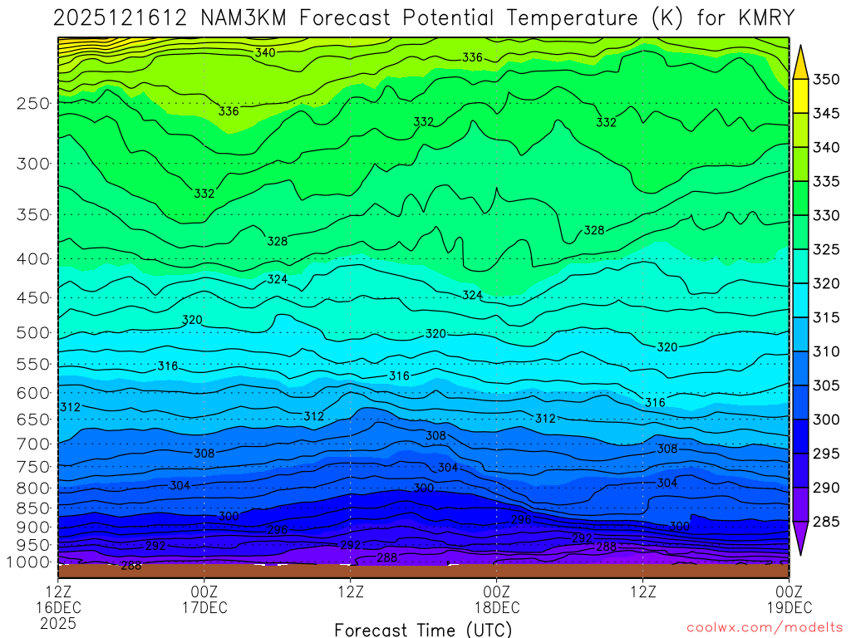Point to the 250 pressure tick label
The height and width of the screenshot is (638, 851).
(x=32, y=104)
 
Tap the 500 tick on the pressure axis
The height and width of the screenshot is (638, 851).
(x=32, y=333)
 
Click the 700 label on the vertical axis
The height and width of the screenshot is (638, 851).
(x=32, y=443)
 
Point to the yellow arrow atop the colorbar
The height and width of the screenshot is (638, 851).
(x=801, y=61)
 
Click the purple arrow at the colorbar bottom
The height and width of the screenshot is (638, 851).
(x=801, y=539)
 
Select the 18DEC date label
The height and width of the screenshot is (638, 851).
(x=496, y=607)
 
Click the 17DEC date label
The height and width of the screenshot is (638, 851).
(x=204, y=607)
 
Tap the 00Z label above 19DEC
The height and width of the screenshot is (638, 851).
(x=788, y=591)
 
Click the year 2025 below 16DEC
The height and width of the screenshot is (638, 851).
(x=58, y=623)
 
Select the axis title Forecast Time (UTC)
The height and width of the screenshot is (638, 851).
(x=423, y=629)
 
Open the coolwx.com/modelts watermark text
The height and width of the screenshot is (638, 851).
(x=764, y=629)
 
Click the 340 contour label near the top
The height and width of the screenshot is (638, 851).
(x=265, y=52)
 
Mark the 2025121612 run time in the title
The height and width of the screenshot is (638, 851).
(x=106, y=17)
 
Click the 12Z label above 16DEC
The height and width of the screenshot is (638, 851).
(x=58, y=591)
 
